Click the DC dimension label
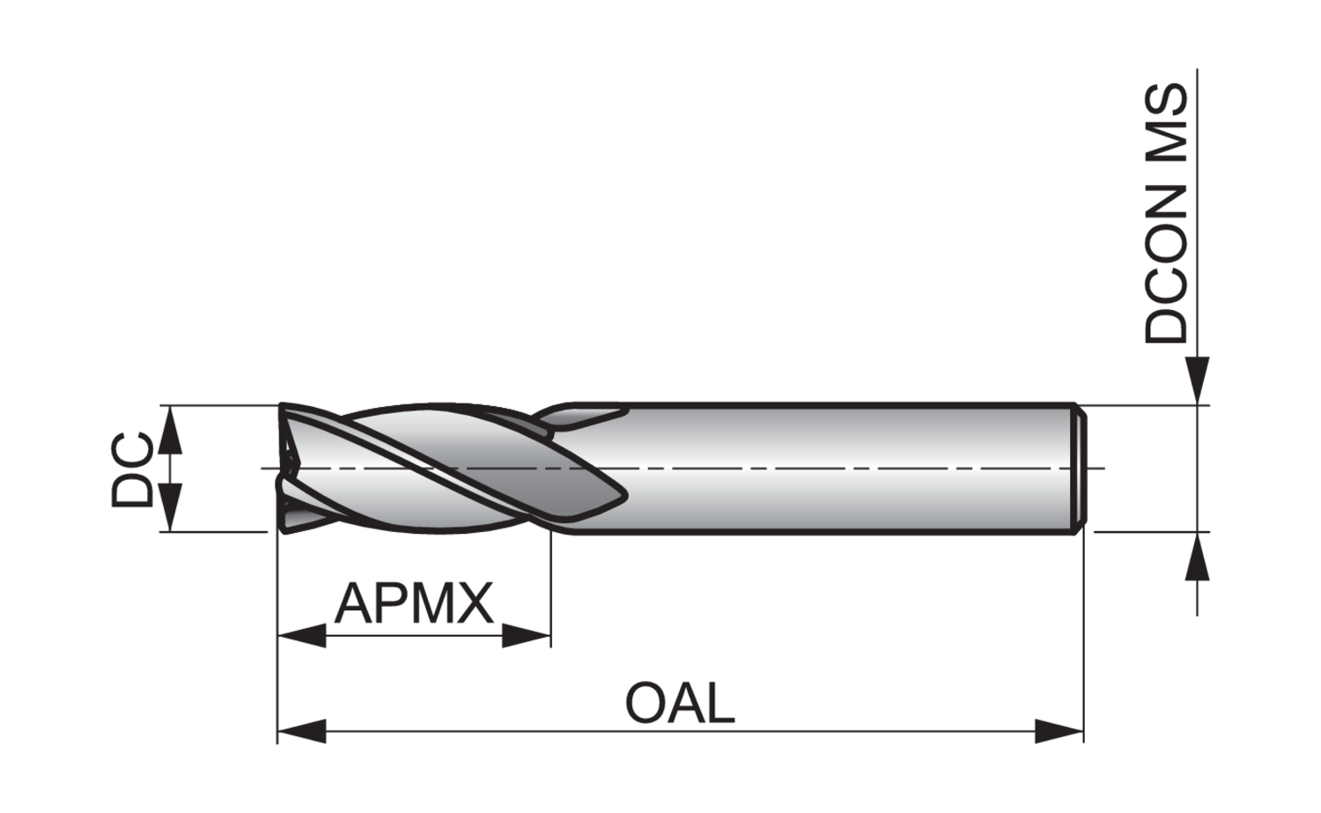(131, 469)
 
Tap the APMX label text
(413, 604)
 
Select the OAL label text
(679, 704)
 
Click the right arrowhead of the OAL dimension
(1059, 731)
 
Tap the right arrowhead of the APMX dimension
(526, 634)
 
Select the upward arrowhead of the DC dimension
(172, 431)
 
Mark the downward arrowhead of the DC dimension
(172, 507)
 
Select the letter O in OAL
(646, 704)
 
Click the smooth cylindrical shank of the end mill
(837, 469)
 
